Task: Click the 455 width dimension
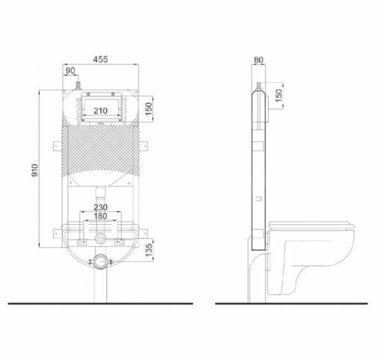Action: (101, 59)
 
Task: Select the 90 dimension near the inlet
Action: (70, 70)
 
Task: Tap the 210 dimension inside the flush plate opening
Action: (101, 111)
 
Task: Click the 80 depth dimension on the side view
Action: (258, 61)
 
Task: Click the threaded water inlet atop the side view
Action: (258, 85)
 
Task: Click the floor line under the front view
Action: (95, 303)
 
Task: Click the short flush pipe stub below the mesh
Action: (101, 191)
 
